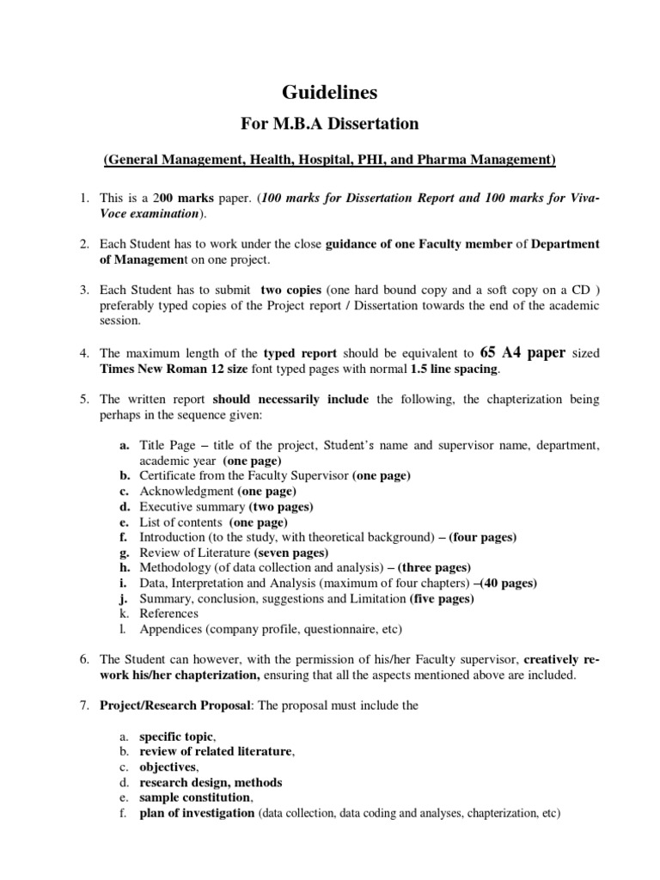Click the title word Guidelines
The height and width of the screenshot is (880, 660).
[x=330, y=92]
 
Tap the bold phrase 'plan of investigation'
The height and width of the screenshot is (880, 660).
[x=197, y=813]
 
